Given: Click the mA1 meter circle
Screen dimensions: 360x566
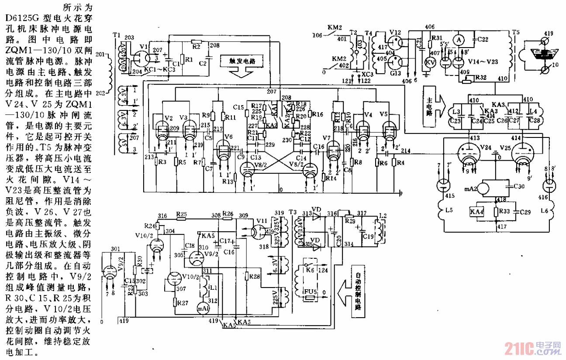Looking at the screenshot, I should [203, 308].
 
